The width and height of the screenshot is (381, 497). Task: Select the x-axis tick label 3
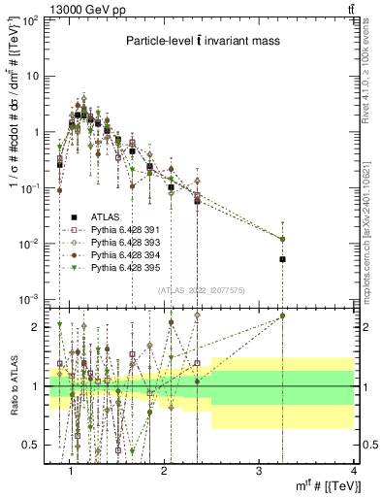pos(259,473)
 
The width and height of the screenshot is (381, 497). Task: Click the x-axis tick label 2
pos(165,473)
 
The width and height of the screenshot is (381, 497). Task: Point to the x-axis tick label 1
pos(71,473)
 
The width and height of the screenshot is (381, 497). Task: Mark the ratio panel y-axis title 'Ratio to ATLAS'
pos(14,386)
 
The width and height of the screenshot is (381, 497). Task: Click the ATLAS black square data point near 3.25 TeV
pos(283,259)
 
